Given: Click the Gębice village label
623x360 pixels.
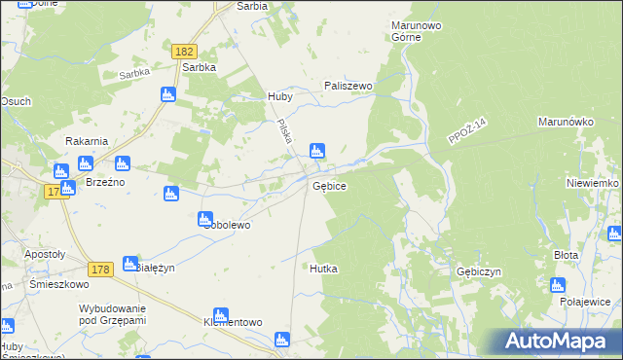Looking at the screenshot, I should tap(329, 185).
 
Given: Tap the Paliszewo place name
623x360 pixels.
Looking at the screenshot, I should tap(348, 86).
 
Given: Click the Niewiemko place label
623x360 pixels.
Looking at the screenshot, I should tap(593, 183).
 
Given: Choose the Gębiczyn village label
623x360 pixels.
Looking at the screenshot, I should tap(477, 272).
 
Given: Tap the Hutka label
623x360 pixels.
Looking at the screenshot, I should tap(323, 268).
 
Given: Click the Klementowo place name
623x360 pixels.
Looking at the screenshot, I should tap(233, 321).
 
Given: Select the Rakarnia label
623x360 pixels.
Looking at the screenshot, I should tap(86, 141).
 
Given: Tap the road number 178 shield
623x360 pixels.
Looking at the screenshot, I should tap(96, 241).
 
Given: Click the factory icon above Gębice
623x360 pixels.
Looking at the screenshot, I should tap(316, 151).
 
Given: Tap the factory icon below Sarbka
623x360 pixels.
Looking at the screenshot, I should tap(166, 94).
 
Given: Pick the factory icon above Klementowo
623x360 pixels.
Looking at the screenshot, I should tap(221, 314).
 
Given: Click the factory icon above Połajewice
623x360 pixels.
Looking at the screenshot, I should tap(557, 285).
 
